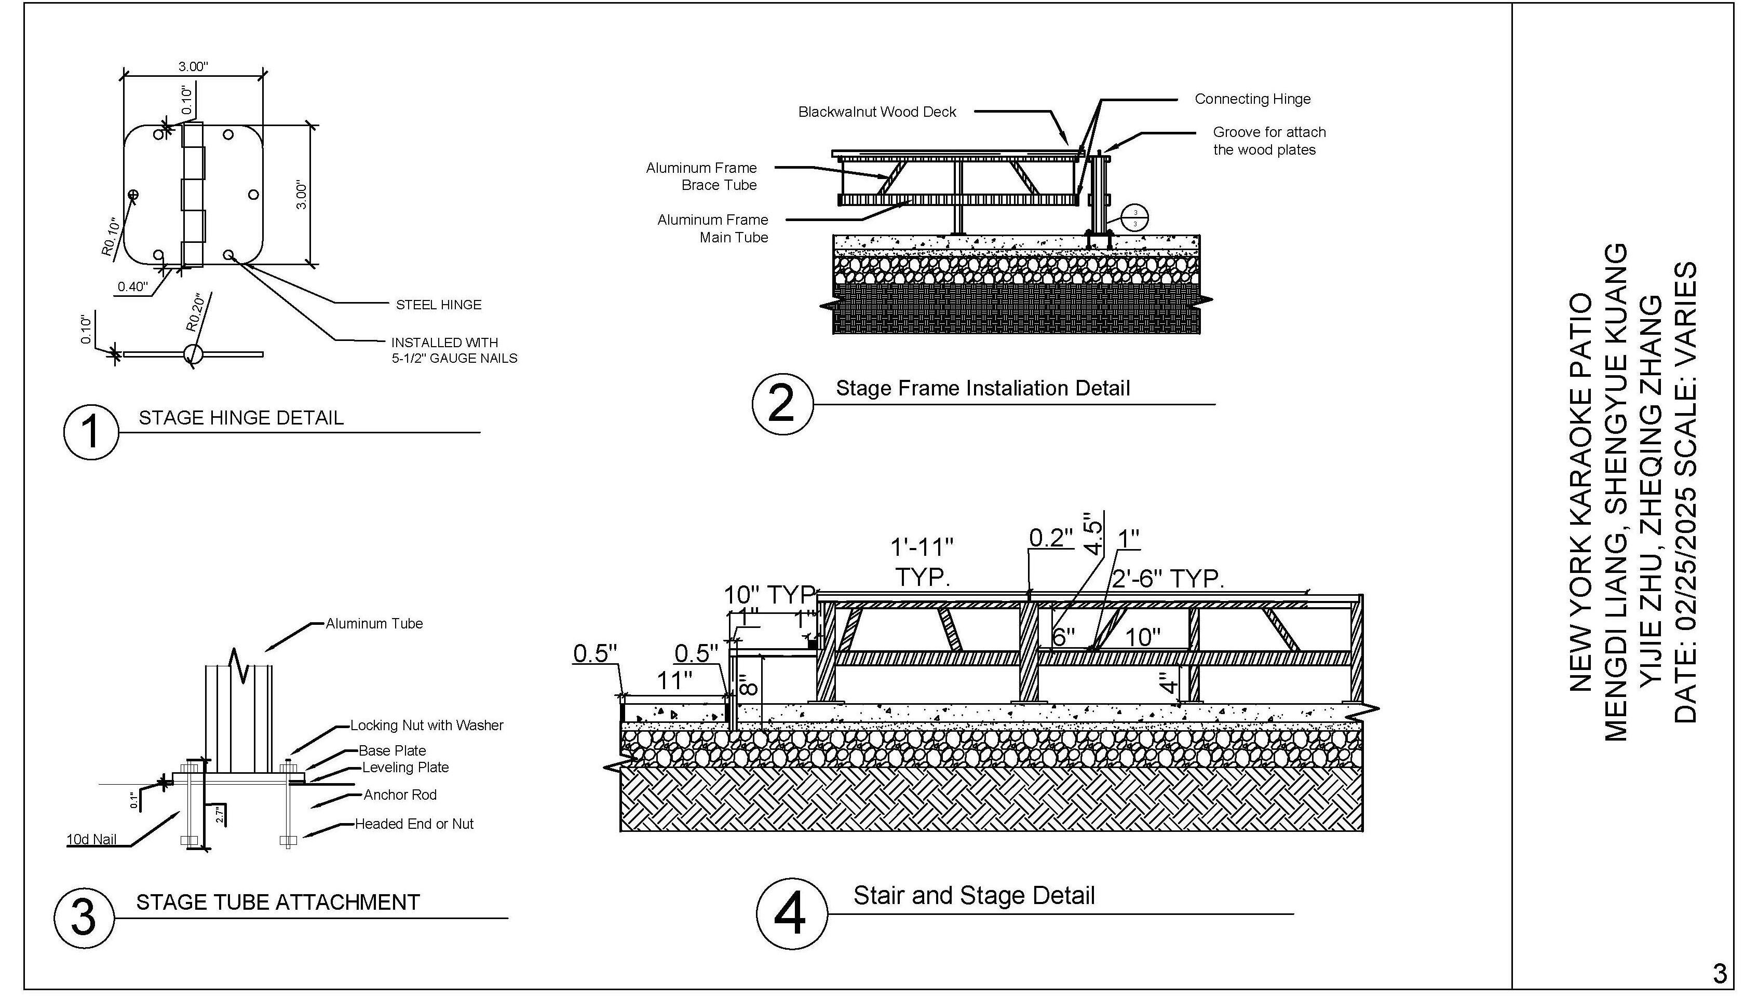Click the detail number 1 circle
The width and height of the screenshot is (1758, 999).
91,432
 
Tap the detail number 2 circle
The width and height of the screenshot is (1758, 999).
782,404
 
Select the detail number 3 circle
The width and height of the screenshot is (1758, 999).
84,918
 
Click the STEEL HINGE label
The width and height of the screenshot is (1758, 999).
439,305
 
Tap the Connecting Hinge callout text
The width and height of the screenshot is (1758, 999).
1252,99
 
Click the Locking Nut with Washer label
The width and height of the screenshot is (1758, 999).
426,725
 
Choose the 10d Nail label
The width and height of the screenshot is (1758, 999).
91,839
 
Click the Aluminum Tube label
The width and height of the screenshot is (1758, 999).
374,624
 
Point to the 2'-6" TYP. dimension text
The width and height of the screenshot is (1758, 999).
1168,579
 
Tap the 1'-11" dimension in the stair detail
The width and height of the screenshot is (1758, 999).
922,548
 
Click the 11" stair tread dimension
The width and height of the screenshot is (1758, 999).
674,681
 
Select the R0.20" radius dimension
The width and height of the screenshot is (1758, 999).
196,313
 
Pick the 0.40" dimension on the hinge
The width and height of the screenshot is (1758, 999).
132,287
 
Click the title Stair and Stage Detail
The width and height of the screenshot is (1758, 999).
973,895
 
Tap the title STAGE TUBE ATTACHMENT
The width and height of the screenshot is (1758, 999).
277,902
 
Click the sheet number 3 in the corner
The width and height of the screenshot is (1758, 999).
1720,973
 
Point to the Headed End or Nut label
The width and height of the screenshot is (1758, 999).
414,824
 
